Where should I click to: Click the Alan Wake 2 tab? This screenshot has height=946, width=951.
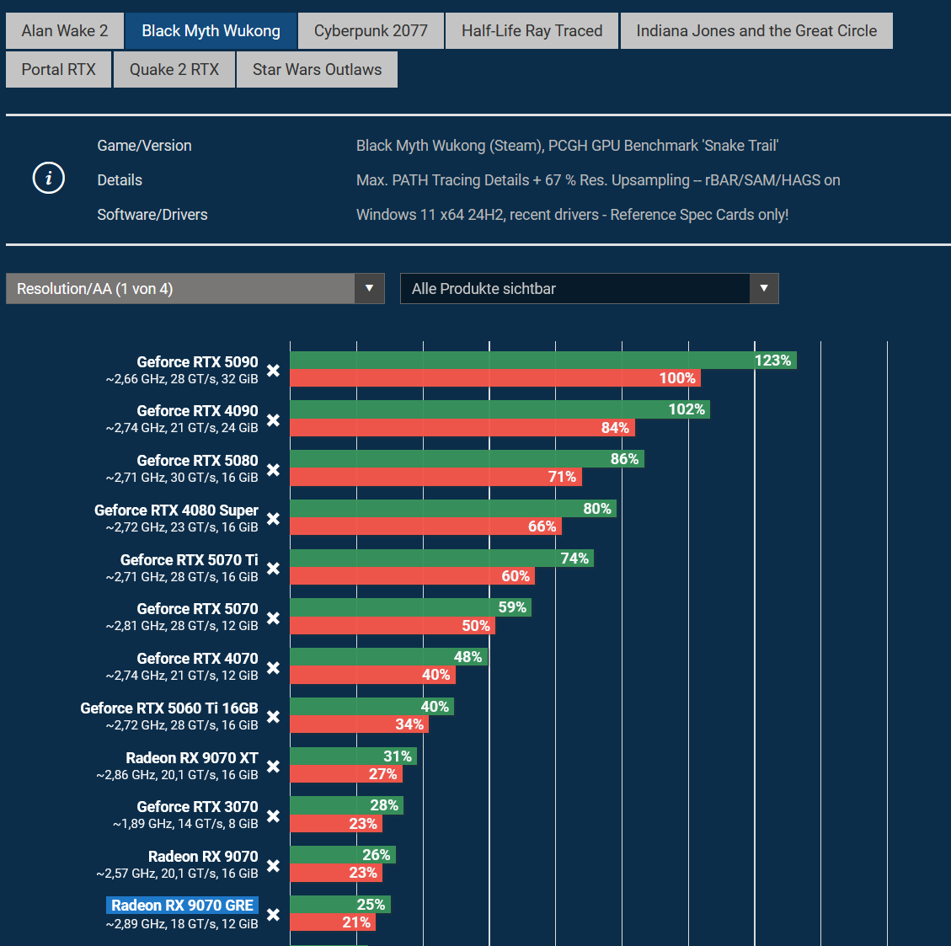pos(65,31)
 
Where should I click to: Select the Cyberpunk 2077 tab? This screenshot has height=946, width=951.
pos(371,31)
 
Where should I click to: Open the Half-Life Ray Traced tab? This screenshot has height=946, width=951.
pos(532,31)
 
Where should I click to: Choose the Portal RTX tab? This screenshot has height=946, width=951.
pos(59,70)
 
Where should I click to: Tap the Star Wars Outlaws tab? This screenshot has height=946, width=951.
pos(317,70)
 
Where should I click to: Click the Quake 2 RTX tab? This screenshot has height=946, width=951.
pos(174,70)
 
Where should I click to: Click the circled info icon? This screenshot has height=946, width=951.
pos(48,179)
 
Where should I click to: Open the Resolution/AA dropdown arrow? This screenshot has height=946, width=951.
pos(369,289)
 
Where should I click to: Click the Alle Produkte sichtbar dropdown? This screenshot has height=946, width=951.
pos(589,289)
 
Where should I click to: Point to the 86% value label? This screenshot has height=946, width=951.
pos(624,459)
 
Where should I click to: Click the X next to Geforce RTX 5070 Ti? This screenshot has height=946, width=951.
pos(273,569)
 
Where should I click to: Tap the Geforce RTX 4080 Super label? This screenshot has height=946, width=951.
pos(176,510)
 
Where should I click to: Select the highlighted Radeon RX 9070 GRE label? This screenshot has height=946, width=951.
pos(182,906)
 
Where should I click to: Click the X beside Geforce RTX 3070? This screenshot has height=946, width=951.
pos(273,816)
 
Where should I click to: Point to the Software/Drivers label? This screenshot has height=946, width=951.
pos(152,215)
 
